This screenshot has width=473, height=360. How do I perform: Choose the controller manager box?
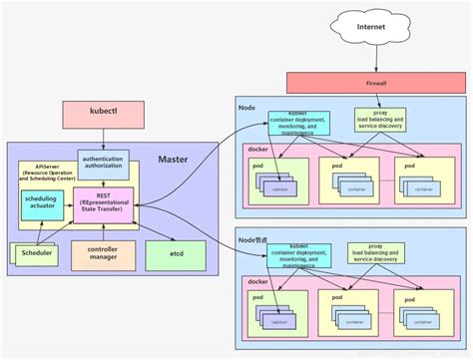(104, 255)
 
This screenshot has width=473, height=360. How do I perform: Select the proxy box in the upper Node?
(378, 120)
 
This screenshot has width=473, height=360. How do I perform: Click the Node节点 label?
(253, 239)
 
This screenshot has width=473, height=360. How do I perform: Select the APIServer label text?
(37, 167)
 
